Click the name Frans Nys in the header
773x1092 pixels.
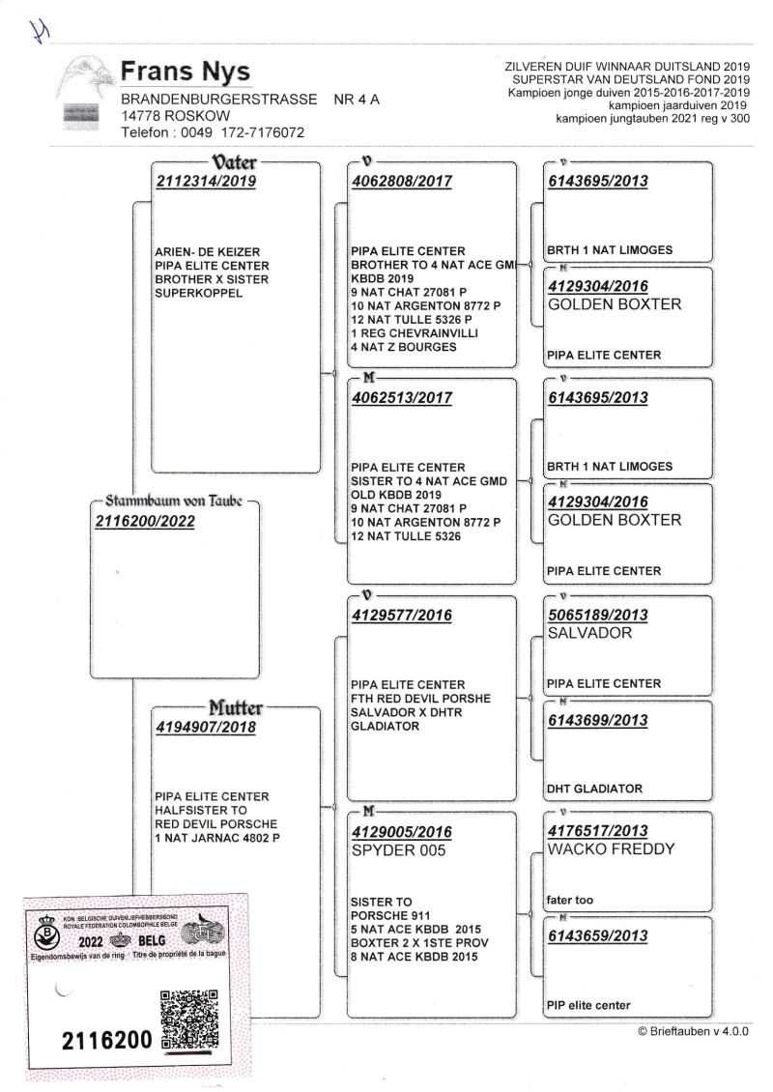[x=186, y=72]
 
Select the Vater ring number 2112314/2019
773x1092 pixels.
[x=206, y=181]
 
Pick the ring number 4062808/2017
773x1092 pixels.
[x=401, y=181]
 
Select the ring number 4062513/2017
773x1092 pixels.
[x=401, y=397]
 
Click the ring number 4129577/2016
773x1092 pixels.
[x=401, y=615]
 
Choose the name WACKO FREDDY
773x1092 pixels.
[x=611, y=849]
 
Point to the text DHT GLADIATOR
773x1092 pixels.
[x=594, y=789]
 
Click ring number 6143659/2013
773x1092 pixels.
[x=597, y=935]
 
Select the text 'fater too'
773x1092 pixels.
[x=570, y=901]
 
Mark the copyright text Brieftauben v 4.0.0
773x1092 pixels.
[x=693, y=1032]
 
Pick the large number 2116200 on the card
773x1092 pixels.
[x=106, y=1041]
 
